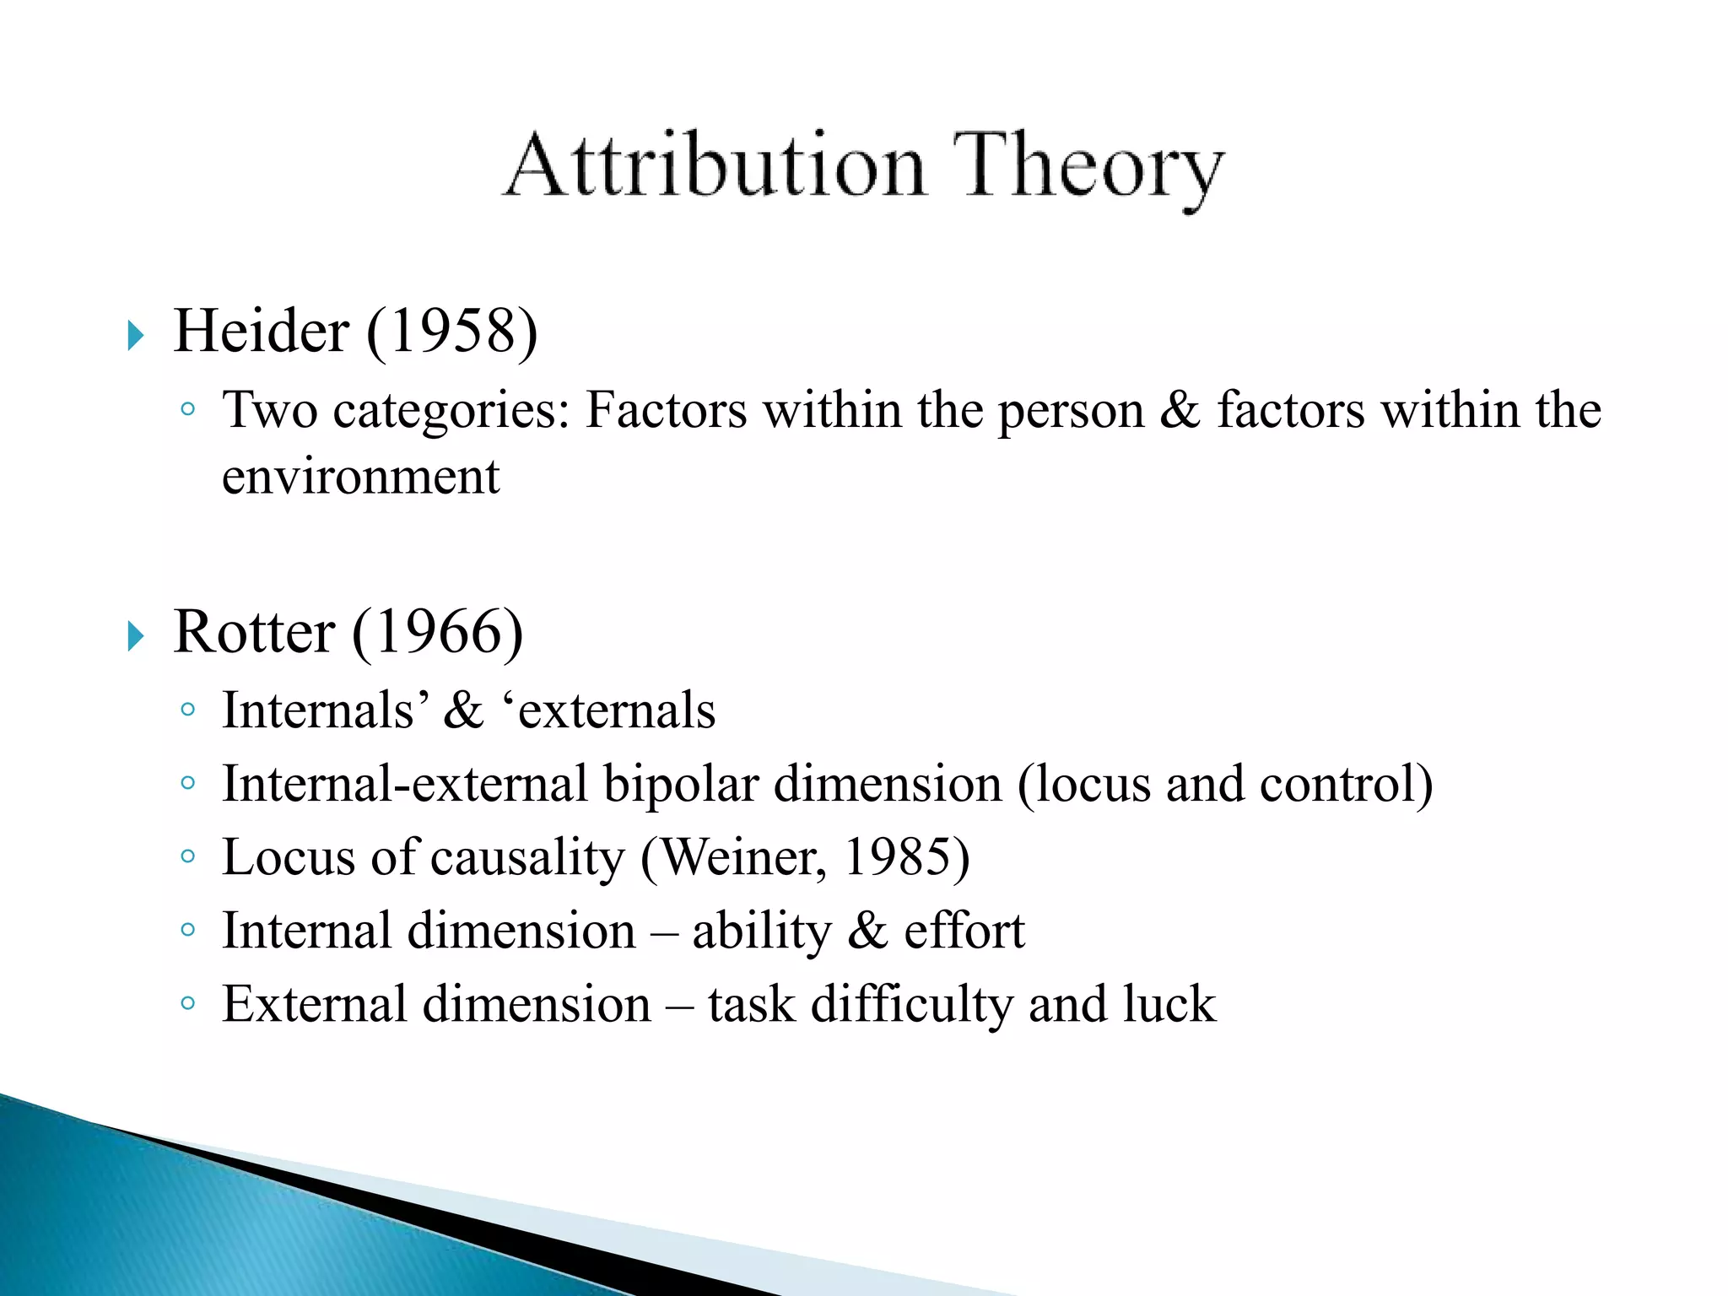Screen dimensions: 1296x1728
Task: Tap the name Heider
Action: [261, 331]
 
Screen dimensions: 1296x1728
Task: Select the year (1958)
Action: [452, 332]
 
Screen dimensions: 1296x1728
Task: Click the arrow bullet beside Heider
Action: [136, 336]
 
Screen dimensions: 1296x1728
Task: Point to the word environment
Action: [360, 476]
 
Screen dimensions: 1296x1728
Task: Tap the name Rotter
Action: [254, 632]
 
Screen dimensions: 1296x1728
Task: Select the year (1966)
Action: [437, 634]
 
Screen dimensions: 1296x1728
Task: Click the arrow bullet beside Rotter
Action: [136, 636]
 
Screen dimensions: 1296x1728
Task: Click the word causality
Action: [527, 858]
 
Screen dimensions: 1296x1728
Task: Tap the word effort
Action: [964, 931]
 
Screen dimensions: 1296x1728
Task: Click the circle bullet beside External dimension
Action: [188, 1004]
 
